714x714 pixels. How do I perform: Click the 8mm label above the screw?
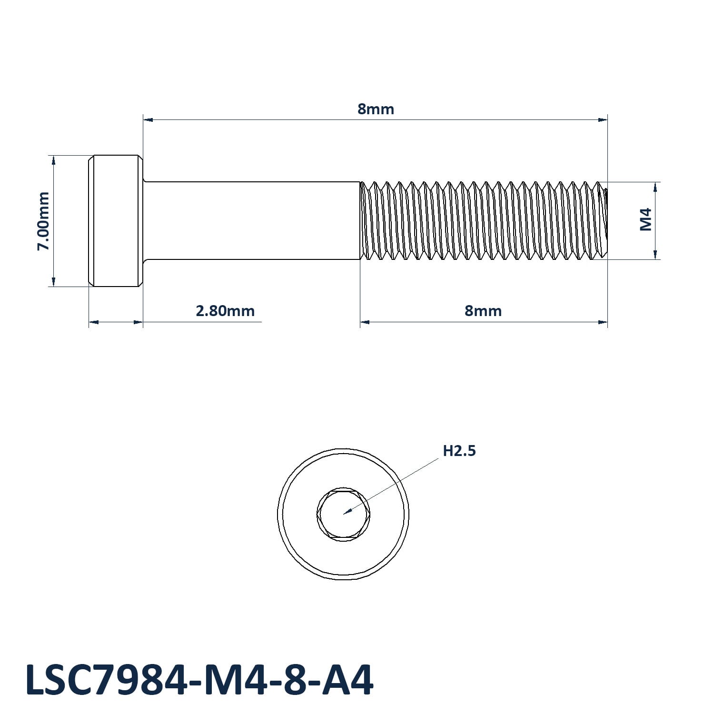point(376,109)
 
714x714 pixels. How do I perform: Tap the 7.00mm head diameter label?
point(43,221)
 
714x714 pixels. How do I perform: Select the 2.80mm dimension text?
point(225,311)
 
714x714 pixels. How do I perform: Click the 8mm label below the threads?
point(483,311)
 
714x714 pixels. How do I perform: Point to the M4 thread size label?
point(645,219)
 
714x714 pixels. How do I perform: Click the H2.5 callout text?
point(459,451)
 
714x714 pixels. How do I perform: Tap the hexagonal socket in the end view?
point(343,514)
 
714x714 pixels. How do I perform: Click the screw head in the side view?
point(116,221)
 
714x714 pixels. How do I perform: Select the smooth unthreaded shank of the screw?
point(252,221)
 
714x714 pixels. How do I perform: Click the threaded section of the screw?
point(484,221)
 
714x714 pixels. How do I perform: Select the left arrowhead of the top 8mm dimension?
point(148,119)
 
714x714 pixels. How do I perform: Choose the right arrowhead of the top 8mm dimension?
point(603,119)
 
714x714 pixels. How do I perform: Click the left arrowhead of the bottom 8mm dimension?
point(365,322)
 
